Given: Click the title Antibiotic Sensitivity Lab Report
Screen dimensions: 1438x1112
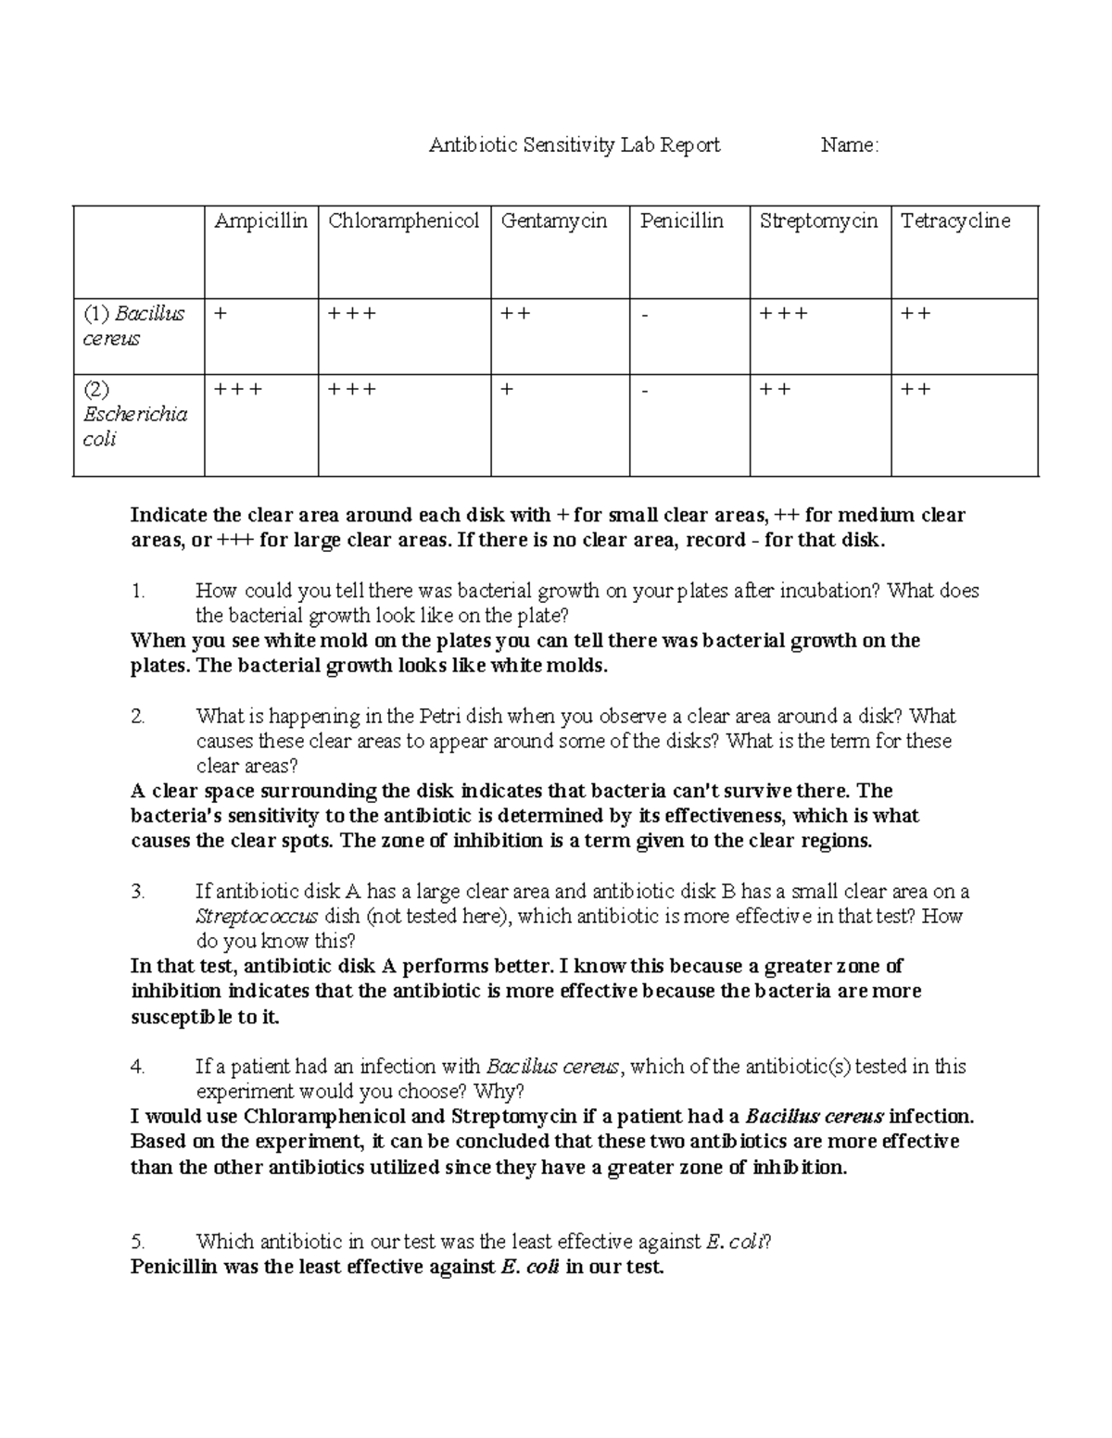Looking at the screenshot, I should (574, 145).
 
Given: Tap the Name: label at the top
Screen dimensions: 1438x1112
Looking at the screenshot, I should (849, 145).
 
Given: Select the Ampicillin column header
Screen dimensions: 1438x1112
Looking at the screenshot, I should (260, 221).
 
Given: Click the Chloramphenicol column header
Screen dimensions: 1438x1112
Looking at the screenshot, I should (403, 221).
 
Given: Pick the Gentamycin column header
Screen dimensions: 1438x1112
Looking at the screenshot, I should (553, 221).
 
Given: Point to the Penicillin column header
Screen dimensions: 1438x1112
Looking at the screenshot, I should (681, 221).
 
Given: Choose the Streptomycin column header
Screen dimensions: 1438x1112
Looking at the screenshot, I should (818, 221).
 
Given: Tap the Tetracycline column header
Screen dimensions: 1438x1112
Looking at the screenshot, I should (954, 221).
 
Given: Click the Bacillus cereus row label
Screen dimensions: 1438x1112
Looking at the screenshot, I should (133, 326).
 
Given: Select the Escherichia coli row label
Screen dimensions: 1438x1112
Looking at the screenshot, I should (135, 414).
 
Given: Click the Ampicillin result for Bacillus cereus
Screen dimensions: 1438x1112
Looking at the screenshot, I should (219, 314).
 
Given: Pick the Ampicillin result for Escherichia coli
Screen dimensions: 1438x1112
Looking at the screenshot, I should (237, 390).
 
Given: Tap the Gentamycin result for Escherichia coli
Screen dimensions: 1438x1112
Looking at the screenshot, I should (507, 390).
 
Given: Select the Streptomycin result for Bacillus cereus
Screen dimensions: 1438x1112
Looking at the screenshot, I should (783, 314).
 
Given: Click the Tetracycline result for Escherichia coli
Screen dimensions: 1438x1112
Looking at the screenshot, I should (916, 390).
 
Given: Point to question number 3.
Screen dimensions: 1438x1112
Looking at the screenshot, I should (137, 892).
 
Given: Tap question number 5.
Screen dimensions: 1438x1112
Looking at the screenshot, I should (137, 1242).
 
